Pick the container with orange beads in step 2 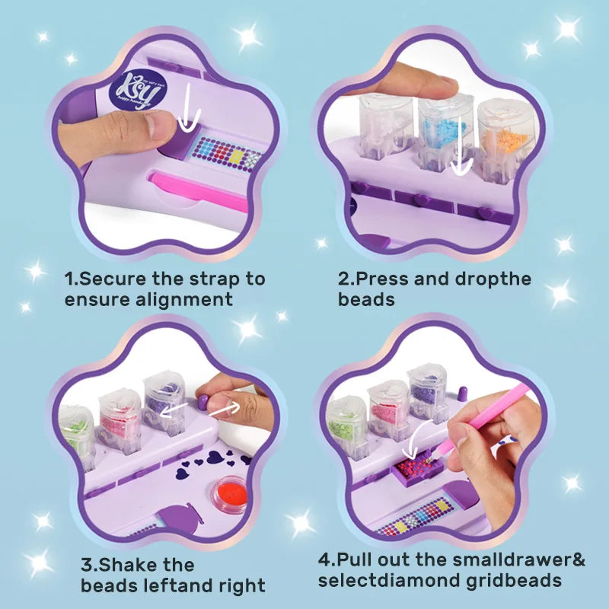pyautogui.click(x=505, y=137)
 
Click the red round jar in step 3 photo pyautogui.click(x=228, y=493)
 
